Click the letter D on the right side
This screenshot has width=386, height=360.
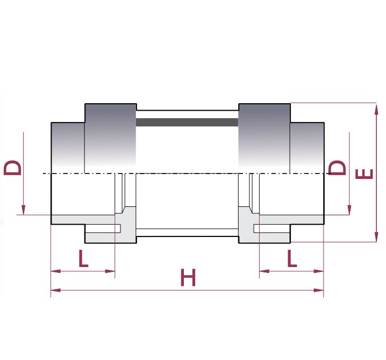click(338, 167)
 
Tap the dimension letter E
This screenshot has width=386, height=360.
click(365, 174)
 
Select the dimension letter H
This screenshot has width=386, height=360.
click(188, 278)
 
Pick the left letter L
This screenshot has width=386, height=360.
click(83, 260)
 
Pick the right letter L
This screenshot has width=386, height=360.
click(291, 260)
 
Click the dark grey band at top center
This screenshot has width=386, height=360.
click(187, 123)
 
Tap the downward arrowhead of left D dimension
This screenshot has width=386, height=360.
click(24, 210)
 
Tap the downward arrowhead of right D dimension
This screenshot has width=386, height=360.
click(350, 210)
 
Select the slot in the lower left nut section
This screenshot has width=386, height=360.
click(103, 229)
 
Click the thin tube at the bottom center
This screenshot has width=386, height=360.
click(187, 233)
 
